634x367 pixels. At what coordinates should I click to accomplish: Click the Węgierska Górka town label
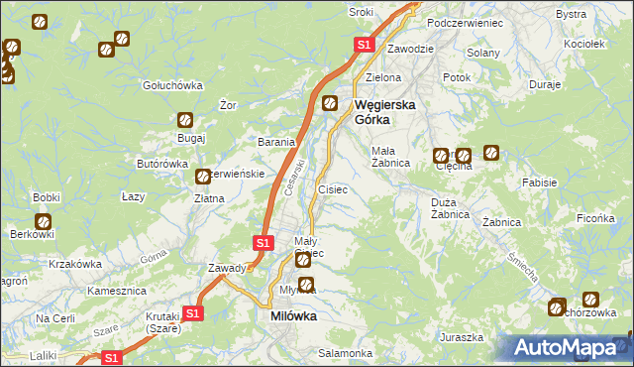tap(384, 111)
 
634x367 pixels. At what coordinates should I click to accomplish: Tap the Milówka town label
tap(293, 316)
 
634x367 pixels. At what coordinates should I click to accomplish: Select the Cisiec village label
tap(332, 188)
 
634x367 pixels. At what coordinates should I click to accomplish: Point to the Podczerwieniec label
tap(465, 22)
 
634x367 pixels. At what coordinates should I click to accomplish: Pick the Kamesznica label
tap(117, 292)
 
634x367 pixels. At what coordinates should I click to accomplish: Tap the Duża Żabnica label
tap(456, 208)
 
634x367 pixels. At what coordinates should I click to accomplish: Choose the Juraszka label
tap(463, 337)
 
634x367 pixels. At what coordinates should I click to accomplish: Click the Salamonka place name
tap(345, 353)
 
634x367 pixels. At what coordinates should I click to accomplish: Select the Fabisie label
tap(539, 183)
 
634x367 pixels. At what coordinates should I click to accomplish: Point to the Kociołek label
tap(583, 45)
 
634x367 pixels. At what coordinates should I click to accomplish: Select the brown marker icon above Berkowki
tap(44, 222)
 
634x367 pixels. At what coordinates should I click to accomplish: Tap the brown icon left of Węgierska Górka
tap(330, 102)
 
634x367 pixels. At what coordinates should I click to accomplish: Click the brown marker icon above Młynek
tap(307, 286)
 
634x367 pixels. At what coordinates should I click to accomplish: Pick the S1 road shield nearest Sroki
tap(364, 45)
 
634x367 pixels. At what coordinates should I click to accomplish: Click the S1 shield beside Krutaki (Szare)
tap(193, 313)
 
